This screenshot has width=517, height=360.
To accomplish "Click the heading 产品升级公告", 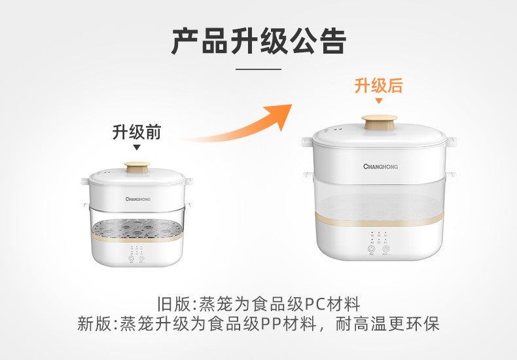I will (258, 41).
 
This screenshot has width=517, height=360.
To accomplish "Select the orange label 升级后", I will (378, 86).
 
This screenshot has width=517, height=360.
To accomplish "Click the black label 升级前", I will (136, 132).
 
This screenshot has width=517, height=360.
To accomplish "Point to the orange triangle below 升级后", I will (378, 101).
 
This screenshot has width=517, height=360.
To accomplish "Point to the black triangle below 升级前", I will (136, 148).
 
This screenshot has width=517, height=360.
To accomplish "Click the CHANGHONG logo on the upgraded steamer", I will (380, 166).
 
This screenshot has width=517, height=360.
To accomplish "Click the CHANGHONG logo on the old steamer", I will (137, 196).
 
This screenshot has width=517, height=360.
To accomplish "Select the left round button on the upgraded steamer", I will (371, 249).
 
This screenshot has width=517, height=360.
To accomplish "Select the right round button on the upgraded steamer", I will (387, 249).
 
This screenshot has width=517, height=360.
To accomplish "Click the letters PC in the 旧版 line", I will (315, 305).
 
